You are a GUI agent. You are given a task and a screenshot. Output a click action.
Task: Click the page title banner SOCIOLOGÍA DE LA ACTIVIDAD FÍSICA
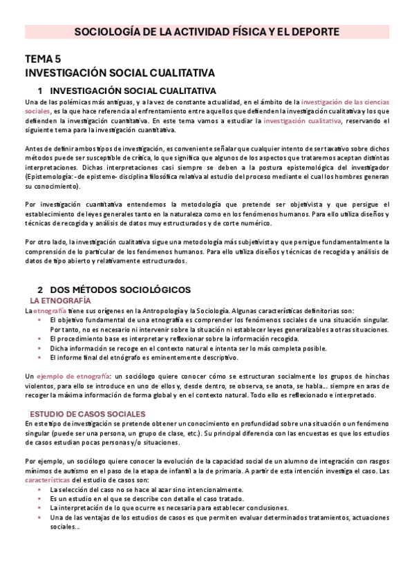click(207, 32)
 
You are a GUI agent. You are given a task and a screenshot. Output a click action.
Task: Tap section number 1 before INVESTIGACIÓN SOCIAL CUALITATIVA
click(40, 91)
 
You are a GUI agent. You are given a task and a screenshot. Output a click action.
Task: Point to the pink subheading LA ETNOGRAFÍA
click(60, 301)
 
